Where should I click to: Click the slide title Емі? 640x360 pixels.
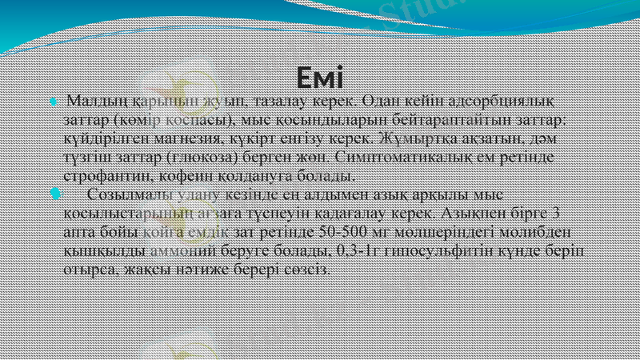point(319,78)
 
